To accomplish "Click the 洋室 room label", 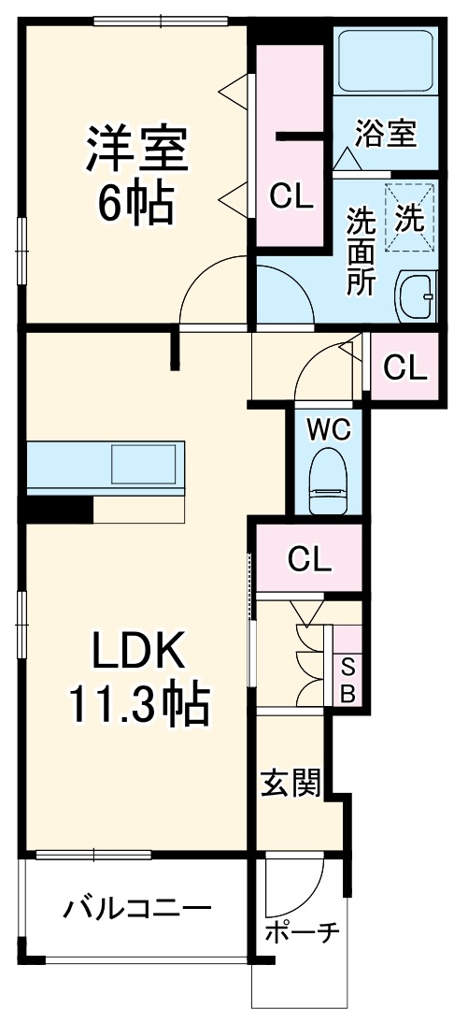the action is pos(138,148).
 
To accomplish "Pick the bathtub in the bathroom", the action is pos(386,59).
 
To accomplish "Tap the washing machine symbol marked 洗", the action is pos(411,219).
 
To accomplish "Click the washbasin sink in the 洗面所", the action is pos(416,295).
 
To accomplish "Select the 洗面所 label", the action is pos(360,252).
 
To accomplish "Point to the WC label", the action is pos(329,429).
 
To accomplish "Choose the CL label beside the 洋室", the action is pos(291,196).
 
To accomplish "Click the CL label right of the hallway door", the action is pos(404,367).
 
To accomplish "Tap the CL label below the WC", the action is pos(309,558).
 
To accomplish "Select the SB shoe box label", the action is pos(347,681).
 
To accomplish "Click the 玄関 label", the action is pos(291,784).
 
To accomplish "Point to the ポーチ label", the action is pos(302,934).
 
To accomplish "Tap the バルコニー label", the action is pos(137,909).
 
